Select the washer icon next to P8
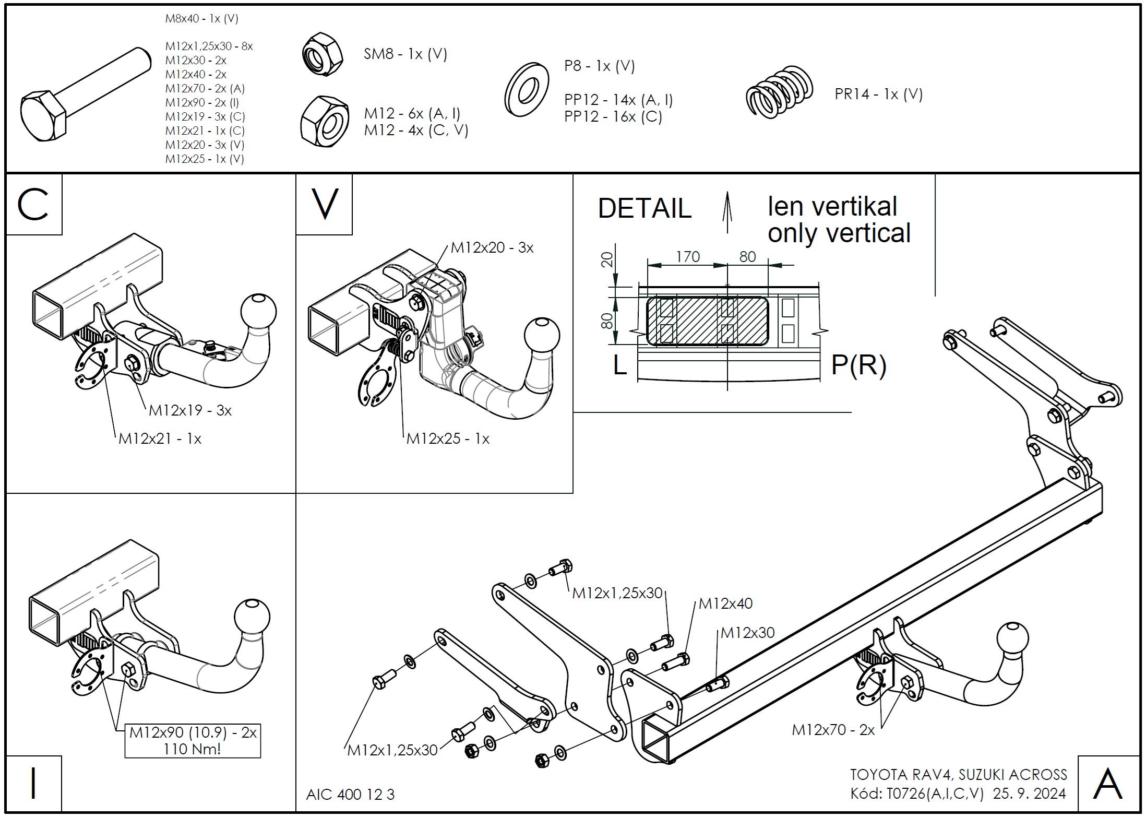[x=527, y=90]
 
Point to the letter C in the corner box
[x=33, y=205]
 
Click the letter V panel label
[x=324, y=205]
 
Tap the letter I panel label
[x=33, y=783]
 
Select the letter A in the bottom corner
[x=1108, y=784]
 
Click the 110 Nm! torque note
[x=192, y=749]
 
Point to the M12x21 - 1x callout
[x=160, y=439]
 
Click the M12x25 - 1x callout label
[x=448, y=439]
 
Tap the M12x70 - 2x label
[x=833, y=730]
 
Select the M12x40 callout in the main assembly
[x=725, y=603]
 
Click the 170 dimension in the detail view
[x=688, y=257]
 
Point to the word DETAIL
[x=644, y=209]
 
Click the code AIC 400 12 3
[x=350, y=795]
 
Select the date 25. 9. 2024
[x=1029, y=794]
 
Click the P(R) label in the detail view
[x=858, y=365]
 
